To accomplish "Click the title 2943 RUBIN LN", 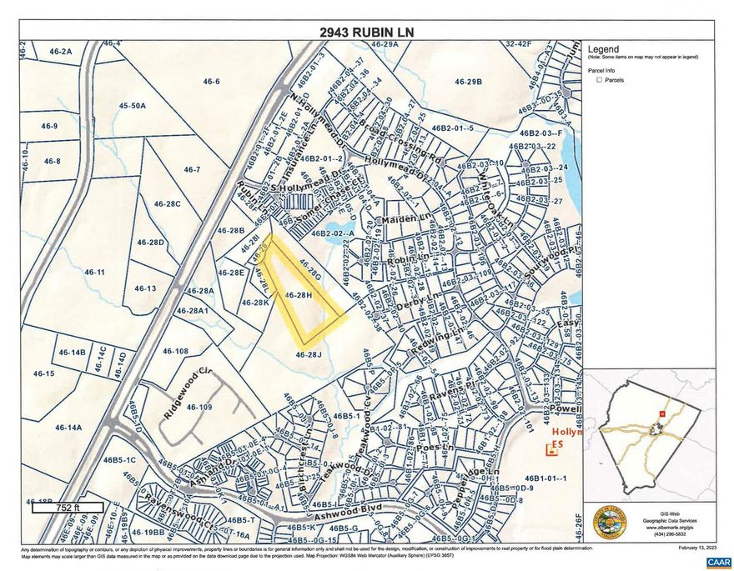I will coord(367,33).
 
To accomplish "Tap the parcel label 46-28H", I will coord(298,294).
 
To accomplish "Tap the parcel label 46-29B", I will coord(469,82).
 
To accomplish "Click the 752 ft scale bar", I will coord(68,506).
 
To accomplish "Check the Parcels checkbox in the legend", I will coord(599,81).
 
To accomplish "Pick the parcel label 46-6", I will coord(211,81).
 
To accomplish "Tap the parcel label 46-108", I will coord(175,351).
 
